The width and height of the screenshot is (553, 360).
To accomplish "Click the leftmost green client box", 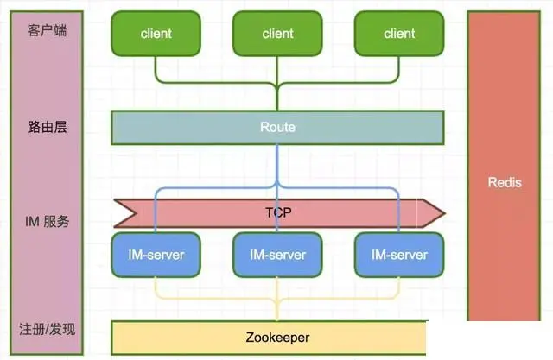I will coord(156,34).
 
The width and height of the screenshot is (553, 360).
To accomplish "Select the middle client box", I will coord(277,34).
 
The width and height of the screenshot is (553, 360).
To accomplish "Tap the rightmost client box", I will coord(399,34).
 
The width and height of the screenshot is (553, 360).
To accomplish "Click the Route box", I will coord(277,128).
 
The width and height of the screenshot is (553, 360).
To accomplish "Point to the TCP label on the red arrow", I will coord(278,211).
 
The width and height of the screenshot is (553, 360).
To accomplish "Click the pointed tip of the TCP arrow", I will coord(442,211).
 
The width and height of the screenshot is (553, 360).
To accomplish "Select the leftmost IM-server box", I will coord(156,255).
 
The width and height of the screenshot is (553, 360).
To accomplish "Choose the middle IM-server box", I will coord(277,255).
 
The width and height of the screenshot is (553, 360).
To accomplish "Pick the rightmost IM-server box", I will coord(399,255).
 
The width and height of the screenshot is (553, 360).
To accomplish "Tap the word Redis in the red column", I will coord(505,183).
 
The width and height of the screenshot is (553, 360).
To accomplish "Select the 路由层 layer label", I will coord(47,127).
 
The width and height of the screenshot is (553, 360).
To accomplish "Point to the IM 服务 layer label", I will coord(47,222).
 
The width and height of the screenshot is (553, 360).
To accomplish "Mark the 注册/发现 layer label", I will coord(47,329).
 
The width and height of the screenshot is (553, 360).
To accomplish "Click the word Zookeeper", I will coord(277,338).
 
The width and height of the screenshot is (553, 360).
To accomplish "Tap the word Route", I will coord(277,128).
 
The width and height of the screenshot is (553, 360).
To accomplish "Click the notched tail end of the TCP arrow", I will coord(120,211).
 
